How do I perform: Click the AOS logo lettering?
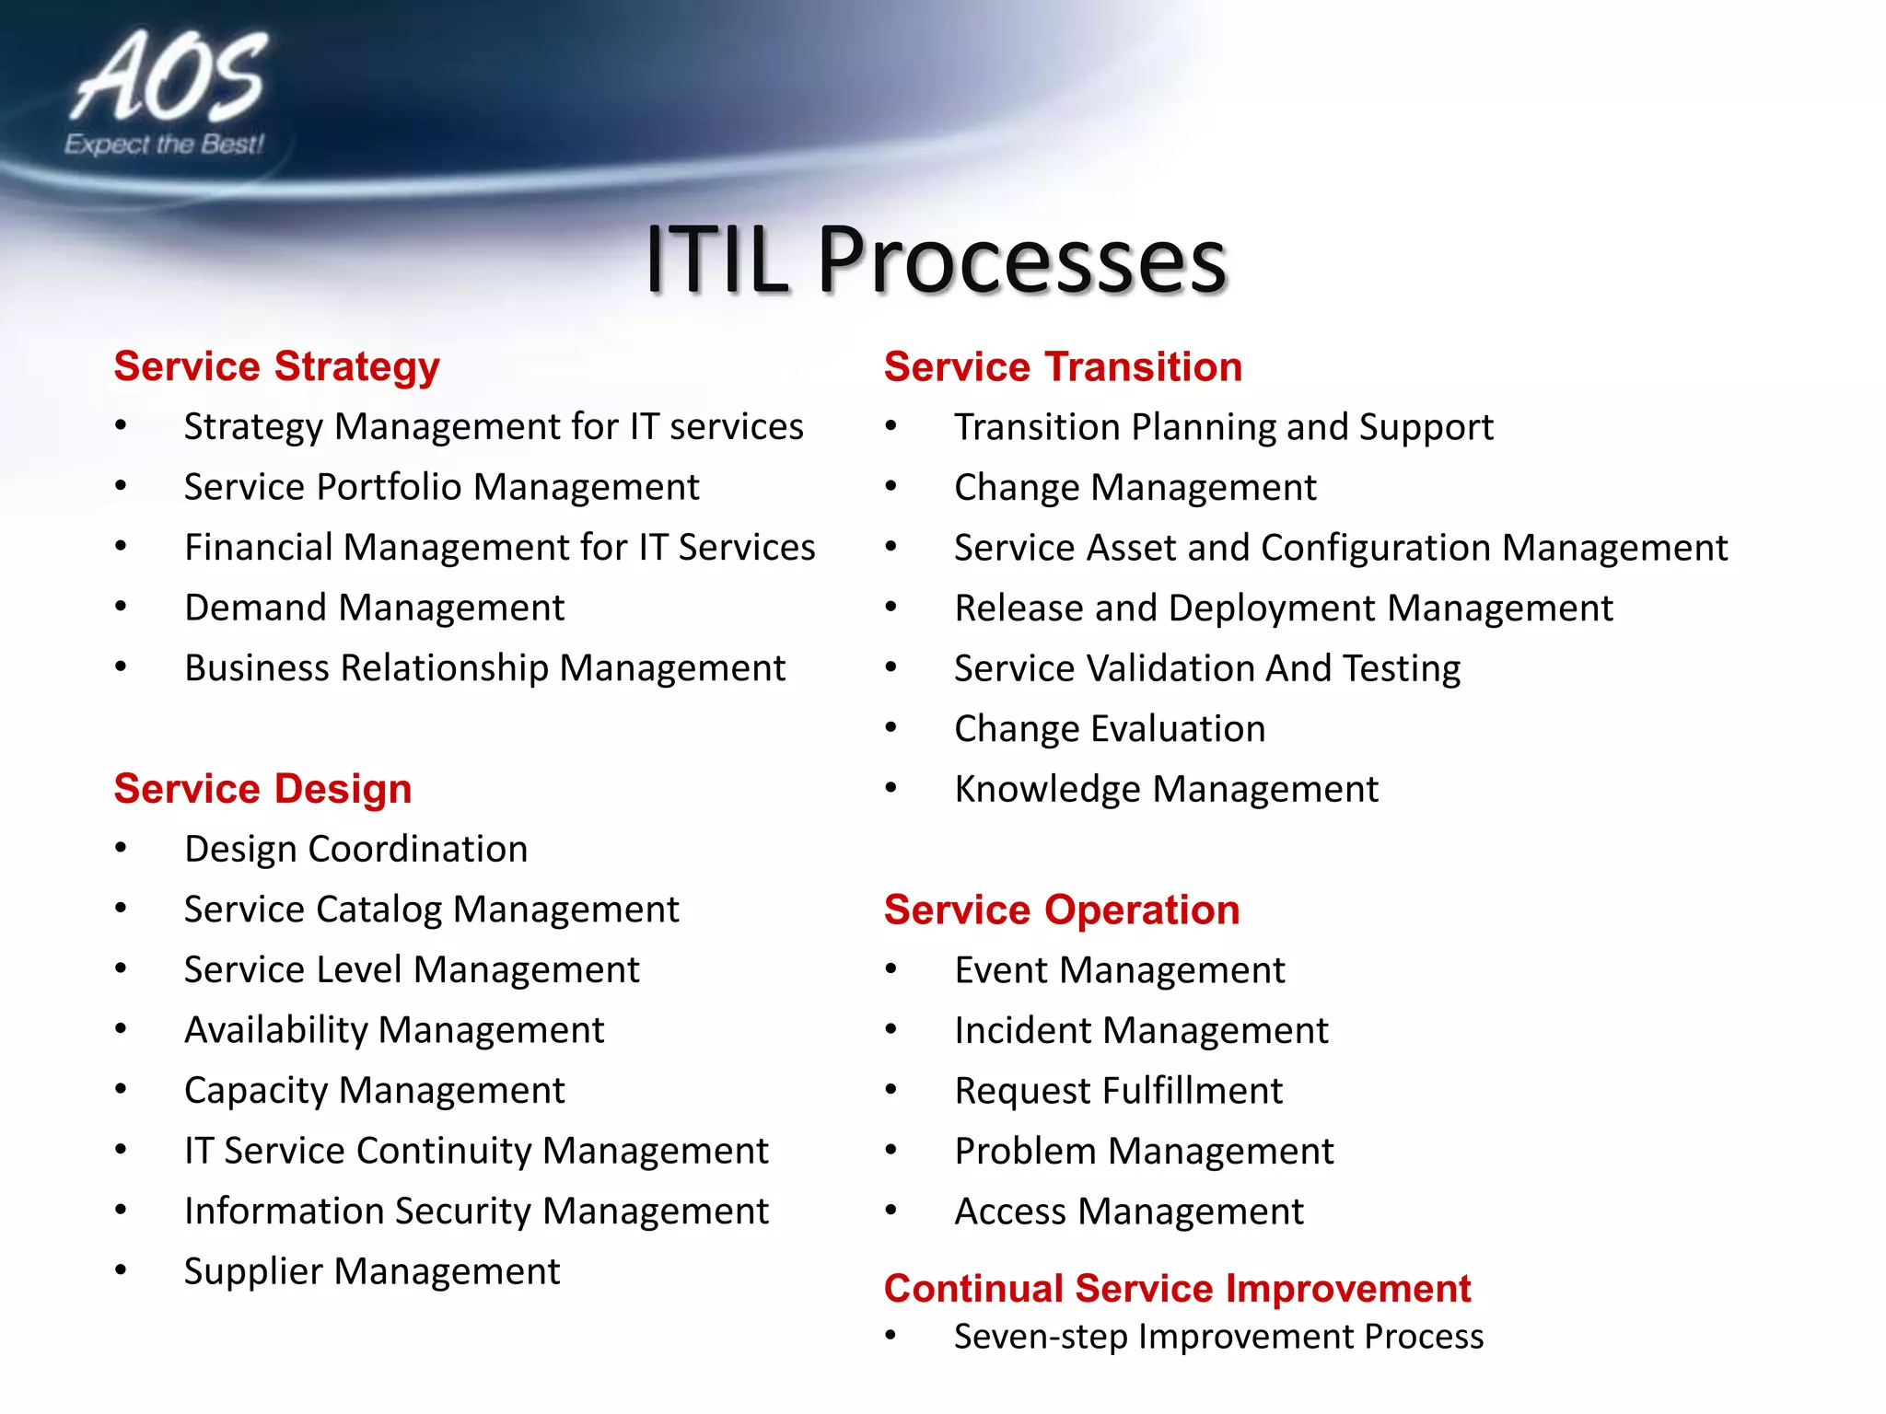tap(170, 78)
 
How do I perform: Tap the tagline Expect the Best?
tap(164, 145)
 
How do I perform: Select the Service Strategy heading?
tap(276, 366)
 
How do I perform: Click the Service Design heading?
tap(262, 789)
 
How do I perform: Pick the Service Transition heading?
tap(1063, 366)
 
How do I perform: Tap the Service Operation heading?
tap(1061, 910)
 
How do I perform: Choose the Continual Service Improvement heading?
tap(1177, 1288)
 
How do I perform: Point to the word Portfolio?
tap(389, 487)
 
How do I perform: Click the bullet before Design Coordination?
tap(121, 849)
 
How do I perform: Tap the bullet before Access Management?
tap(891, 1211)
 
